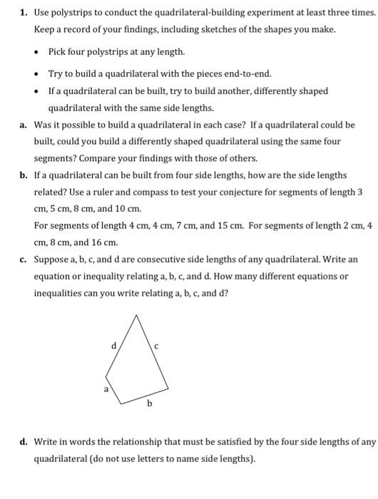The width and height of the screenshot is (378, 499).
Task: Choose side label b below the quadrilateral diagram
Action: click(x=150, y=404)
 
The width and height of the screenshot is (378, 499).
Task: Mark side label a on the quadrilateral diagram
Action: click(x=105, y=389)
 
